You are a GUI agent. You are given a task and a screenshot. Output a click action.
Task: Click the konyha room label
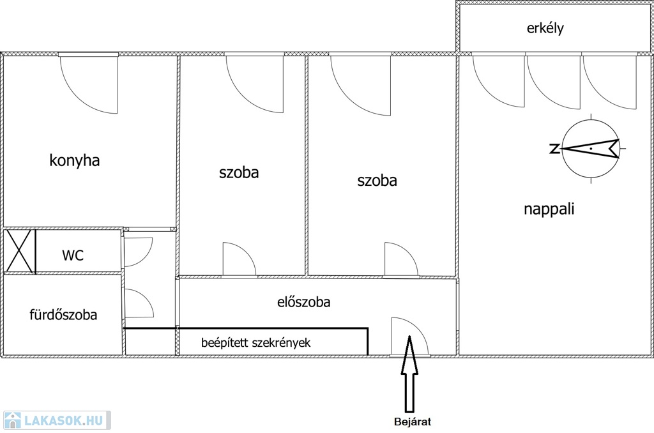coord(75,160)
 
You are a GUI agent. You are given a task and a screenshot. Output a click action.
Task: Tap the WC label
coord(72,255)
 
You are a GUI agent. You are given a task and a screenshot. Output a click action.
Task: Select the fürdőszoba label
coord(63,314)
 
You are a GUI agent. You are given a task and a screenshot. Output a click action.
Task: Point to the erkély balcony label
coord(545,28)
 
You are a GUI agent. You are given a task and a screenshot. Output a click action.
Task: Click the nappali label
coord(549,209)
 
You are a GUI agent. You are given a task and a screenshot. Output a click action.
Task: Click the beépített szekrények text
coord(255,343)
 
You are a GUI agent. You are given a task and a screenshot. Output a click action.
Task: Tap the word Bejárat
coord(412,422)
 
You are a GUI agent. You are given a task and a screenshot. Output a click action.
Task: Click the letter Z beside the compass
coord(554,149)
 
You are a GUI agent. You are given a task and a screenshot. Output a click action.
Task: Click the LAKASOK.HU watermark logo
coord(56,420)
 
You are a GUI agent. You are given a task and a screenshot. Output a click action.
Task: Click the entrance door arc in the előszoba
coord(409,335)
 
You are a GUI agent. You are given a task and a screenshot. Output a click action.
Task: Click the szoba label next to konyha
coord(239,172)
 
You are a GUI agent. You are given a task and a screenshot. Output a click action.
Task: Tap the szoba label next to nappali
coord(377,181)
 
